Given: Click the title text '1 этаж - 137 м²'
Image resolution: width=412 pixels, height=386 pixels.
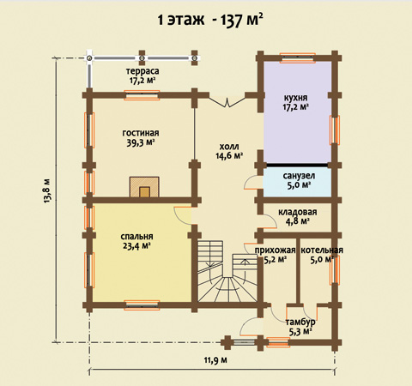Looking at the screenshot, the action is [x=210, y=20].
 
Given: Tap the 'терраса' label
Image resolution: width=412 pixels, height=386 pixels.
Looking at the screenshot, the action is [x=142, y=70].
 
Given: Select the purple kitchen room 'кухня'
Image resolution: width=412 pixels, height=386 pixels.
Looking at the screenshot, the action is [x=297, y=112].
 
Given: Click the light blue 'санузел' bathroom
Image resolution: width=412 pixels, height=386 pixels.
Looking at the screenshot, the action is [x=297, y=182].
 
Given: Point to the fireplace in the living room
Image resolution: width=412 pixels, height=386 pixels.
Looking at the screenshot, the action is [x=144, y=187].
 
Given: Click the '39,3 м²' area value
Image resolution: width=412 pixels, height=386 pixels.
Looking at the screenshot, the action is [x=141, y=142].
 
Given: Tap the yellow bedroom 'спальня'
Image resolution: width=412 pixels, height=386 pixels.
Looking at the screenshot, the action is [x=142, y=252].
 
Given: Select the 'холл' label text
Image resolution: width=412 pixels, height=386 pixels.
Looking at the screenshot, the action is [x=229, y=147].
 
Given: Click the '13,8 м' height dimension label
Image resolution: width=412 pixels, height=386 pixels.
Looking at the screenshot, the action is [x=47, y=190].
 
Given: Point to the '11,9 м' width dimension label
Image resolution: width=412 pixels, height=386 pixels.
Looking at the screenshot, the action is [x=215, y=359].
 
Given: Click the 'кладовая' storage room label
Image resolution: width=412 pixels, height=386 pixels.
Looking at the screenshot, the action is [x=298, y=212].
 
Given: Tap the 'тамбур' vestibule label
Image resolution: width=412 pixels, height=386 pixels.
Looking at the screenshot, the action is [x=300, y=322].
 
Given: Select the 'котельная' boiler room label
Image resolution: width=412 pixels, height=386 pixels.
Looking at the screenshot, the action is [x=322, y=250].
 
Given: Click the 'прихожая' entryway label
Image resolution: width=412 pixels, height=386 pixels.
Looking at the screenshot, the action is [x=275, y=250].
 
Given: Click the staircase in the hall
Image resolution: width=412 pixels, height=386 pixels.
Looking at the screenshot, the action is [x=227, y=271].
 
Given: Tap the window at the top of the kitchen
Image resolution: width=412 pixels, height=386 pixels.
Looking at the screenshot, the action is [x=298, y=57].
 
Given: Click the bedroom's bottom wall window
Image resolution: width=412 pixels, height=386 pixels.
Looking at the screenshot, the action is [x=142, y=305].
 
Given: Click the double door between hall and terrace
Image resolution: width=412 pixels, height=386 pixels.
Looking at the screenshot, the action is [x=227, y=102].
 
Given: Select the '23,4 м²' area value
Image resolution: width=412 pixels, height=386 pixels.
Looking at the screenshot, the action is [x=136, y=246].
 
